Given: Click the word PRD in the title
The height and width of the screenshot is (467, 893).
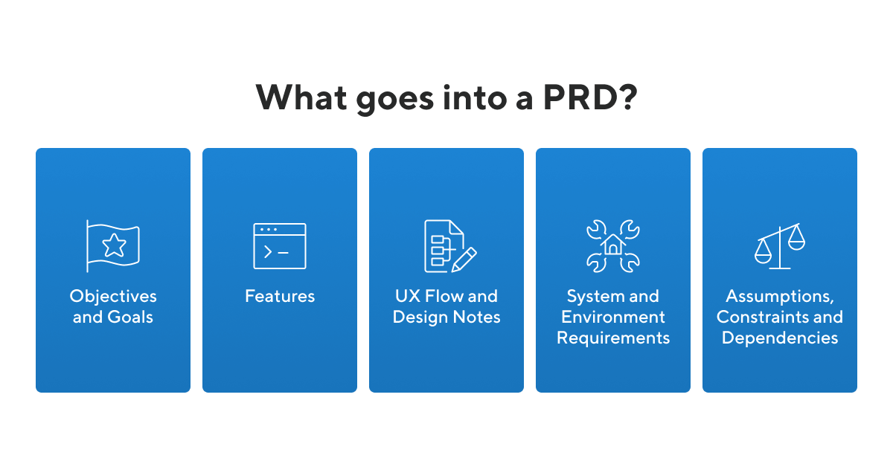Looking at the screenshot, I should [x=577, y=97].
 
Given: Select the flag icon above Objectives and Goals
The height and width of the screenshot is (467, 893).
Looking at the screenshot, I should [x=113, y=246].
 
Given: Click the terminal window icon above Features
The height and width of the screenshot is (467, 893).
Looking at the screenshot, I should [x=280, y=246].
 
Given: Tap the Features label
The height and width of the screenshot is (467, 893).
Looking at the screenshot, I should [x=280, y=296].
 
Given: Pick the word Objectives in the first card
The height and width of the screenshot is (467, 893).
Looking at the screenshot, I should [x=113, y=296].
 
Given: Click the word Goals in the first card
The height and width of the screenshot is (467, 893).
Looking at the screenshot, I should [x=132, y=317].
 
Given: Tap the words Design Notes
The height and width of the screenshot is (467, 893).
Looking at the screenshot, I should [x=446, y=317].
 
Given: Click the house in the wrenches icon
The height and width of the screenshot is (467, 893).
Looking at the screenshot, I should [x=613, y=245].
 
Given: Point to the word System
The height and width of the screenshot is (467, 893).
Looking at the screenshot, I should [x=589, y=296].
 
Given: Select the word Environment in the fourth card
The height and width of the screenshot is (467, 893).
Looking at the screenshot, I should [x=613, y=317].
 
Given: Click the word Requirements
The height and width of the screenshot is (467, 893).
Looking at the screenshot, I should [x=613, y=338].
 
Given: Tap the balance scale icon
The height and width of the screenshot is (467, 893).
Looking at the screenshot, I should [x=780, y=246].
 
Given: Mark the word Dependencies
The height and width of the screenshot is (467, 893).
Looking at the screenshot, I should [x=780, y=338].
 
